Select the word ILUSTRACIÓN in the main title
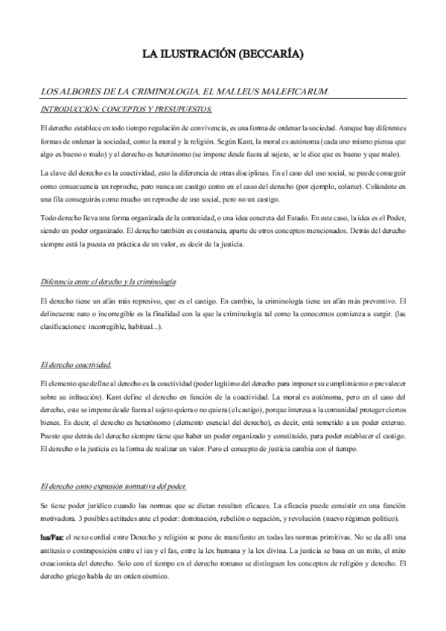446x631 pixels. pyautogui.click(x=195, y=54)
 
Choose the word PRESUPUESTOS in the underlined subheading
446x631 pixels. pyautogui.click(x=181, y=109)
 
